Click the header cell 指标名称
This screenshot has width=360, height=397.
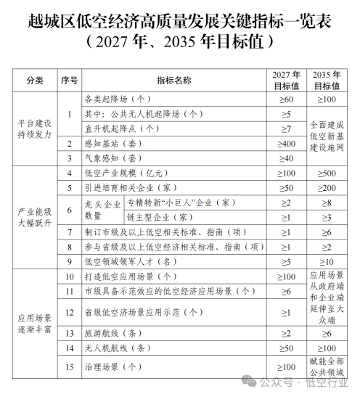click(173, 80)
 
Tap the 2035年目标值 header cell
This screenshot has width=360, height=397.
click(327, 80)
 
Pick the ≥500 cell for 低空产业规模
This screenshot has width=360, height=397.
click(327, 174)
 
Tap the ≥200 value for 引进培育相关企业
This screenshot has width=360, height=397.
click(327, 189)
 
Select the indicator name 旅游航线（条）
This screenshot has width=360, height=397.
click(112, 333)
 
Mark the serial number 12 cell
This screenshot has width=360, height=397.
click(69, 313)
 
